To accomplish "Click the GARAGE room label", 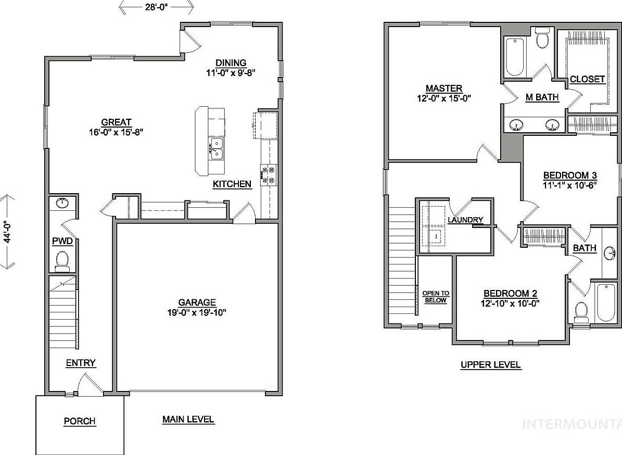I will click(197, 302).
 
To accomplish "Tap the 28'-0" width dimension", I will click(156, 7).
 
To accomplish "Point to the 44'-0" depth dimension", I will click(7, 231).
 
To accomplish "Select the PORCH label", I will click(80, 421).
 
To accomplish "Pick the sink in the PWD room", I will click(62, 203).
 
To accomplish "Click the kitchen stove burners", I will click(270, 174).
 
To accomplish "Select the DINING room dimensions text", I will click(231, 73).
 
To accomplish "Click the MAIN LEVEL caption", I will click(188, 419).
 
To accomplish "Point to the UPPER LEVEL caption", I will click(490, 365).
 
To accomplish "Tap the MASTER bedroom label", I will click(444, 89).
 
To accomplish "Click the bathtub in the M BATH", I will click(515, 57).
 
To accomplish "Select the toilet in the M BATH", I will click(542, 39).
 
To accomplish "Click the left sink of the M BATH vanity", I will click(516, 125).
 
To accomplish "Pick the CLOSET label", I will click(587, 80).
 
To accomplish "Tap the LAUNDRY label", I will click(465, 220).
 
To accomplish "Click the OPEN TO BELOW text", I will click(436, 297).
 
